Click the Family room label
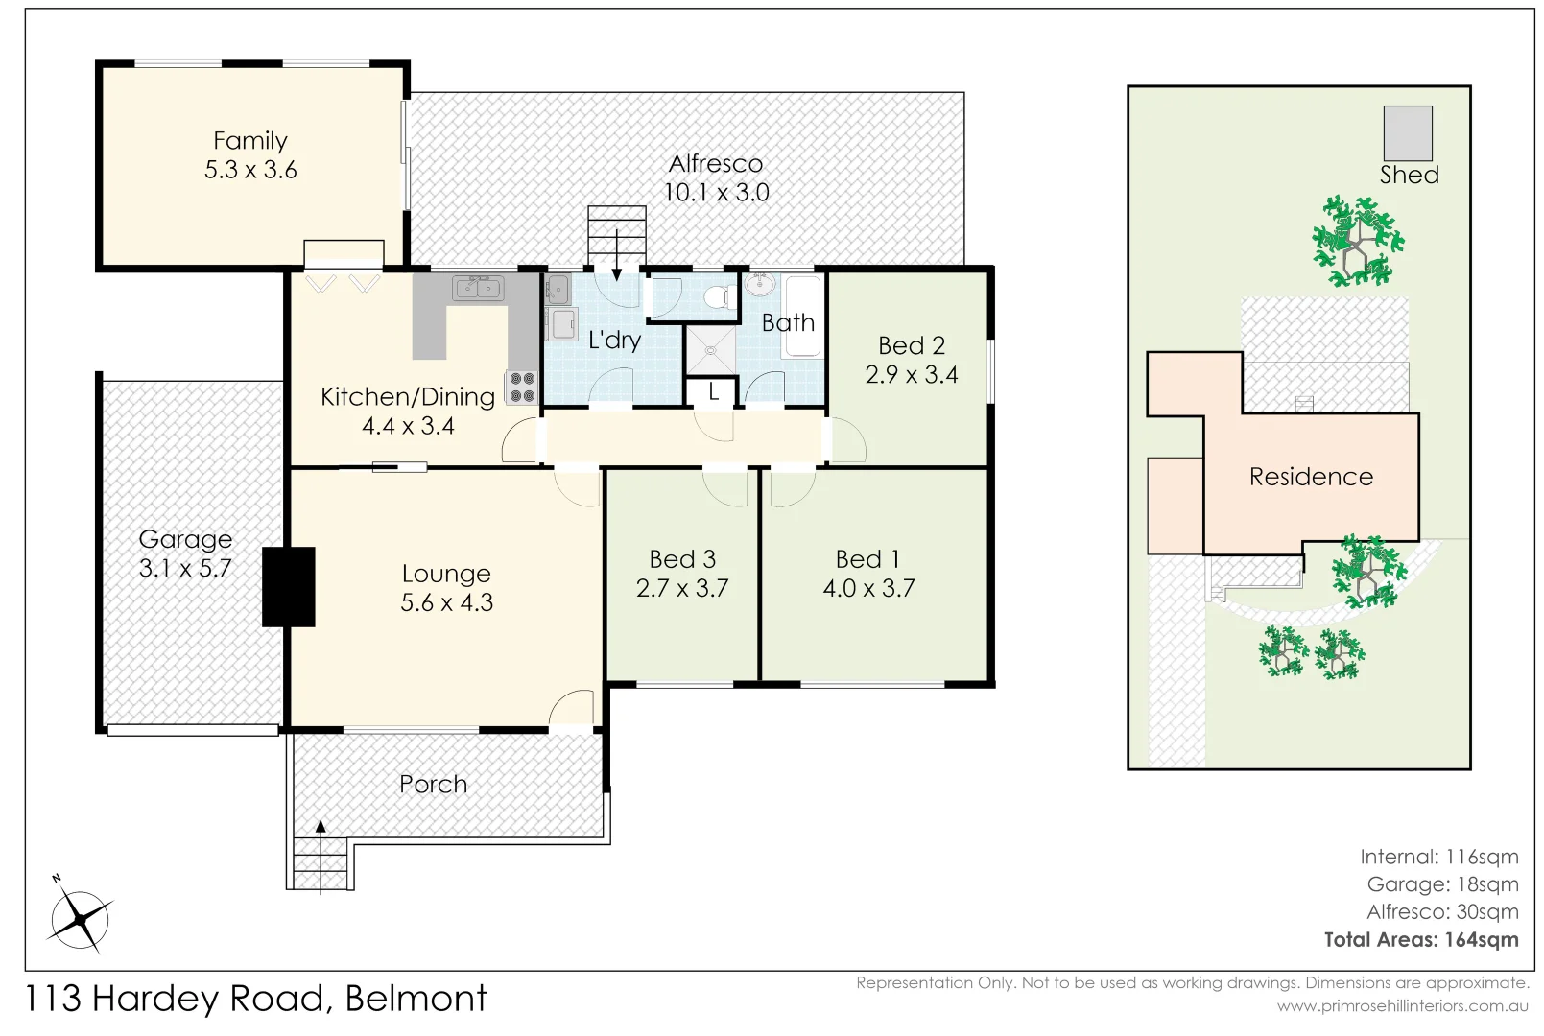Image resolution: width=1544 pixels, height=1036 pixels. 250,141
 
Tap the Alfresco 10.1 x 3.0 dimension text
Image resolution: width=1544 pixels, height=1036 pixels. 716,193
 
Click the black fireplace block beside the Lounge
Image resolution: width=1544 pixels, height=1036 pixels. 289,586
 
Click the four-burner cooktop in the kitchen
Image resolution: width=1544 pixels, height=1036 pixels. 522,387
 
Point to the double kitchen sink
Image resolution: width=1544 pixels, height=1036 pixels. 478,287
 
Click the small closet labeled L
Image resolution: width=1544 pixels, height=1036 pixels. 713,392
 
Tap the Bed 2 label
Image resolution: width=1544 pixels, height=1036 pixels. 912,345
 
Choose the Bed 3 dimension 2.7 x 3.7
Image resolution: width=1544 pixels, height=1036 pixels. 682,588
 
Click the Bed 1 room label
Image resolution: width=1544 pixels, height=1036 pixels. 867,559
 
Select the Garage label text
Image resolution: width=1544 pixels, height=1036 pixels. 185,539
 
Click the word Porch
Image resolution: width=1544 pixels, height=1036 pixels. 434,785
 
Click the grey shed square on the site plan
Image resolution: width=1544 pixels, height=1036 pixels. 1407,133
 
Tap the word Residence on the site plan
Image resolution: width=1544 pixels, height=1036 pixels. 1311,477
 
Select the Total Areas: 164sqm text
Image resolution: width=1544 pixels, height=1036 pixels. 1421,940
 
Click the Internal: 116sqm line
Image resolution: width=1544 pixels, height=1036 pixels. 1438,858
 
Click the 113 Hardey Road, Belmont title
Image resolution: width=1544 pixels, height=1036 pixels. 255,1000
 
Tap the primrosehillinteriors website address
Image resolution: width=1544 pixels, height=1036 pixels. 1402,1006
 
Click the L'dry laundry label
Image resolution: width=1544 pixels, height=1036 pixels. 614,340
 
